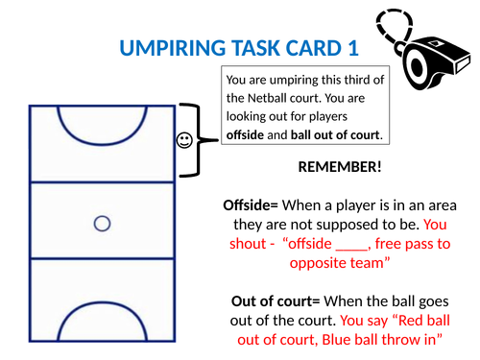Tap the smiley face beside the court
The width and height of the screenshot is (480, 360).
[x=183, y=141]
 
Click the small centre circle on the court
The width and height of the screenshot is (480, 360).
[x=102, y=224]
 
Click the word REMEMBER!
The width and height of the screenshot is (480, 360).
[x=341, y=167]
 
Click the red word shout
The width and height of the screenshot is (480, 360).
[x=248, y=244]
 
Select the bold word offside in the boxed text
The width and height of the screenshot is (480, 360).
[x=246, y=133]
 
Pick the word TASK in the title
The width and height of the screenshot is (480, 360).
[x=236, y=47]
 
